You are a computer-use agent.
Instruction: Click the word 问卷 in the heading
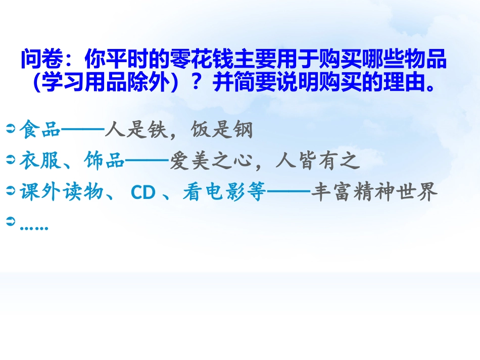tap(41, 60)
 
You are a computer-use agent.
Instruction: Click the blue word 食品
tap(40, 131)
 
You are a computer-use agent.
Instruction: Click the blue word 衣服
tap(40, 161)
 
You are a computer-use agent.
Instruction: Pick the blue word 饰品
tap(104, 161)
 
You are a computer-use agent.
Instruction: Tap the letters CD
tap(143, 192)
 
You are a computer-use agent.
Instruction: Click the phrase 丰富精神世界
tap(373, 192)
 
